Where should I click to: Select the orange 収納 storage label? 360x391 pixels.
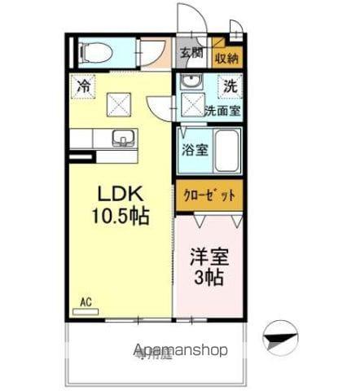coord(227,57)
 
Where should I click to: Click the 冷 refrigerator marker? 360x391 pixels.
coord(84,84)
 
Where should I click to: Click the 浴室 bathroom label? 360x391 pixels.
coord(194,150)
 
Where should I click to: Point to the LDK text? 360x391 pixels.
coord(121,195)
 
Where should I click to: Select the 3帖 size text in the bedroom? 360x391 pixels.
coord(210,277)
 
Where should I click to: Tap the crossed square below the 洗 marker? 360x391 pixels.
coord(191,104)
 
